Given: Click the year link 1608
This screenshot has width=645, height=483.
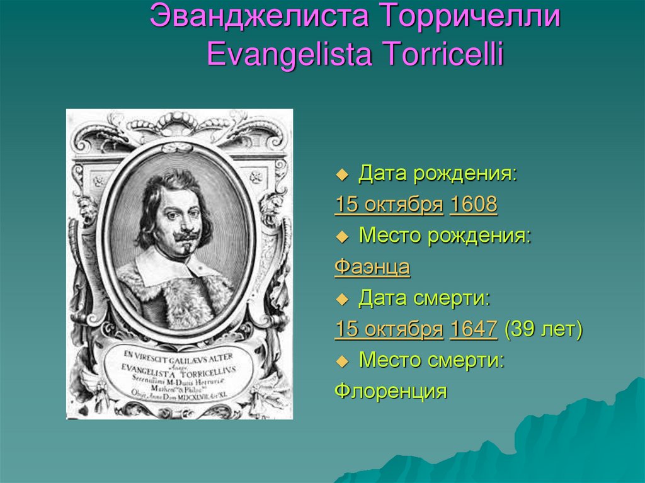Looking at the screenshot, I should pos(474,205).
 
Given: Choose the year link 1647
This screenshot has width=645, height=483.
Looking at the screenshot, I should pos(474,329).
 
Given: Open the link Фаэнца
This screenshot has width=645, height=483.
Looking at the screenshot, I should pos(372,267).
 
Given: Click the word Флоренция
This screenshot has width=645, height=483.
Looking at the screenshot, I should pos(391,391).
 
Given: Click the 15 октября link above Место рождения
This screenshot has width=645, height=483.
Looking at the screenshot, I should pos(389,205).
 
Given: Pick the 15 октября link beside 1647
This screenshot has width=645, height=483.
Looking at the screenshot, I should pos(389,329).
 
